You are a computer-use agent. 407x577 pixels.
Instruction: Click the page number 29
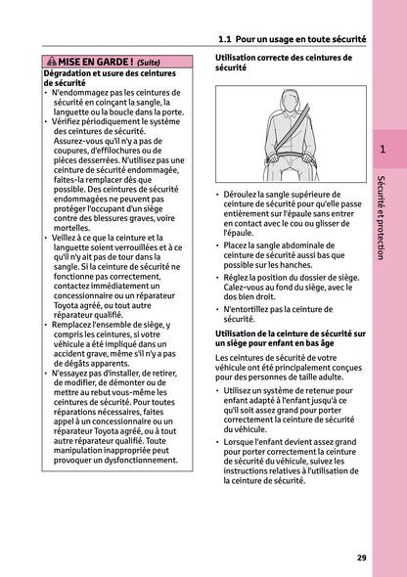click(x=361, y=557)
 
